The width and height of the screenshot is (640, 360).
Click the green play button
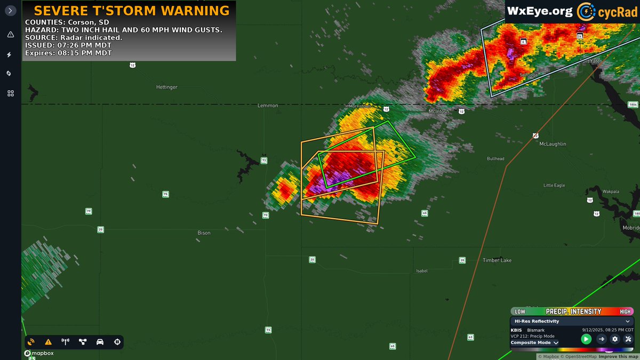click(x=586, y=339)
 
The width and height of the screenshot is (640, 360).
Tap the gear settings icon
click(x=615, y=339)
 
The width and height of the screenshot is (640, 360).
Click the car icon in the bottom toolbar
click(x=100, y=342)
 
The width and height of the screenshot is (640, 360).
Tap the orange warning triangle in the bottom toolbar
click(x=48, y=342)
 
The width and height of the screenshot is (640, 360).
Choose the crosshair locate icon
click(x=117, y=342)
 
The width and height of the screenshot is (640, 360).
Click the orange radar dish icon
click(x=31, y=342)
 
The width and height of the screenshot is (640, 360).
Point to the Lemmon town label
click(x=267, y=106)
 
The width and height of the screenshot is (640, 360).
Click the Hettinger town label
click(x=167, y=87)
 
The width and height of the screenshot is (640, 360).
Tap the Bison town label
click(x=204, y=233)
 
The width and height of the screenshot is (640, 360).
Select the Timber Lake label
click(x=497, y=260)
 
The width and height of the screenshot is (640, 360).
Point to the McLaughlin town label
click(x=553, y=144)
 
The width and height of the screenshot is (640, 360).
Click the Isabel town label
click(x=422, y=271)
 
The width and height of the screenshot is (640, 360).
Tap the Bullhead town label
click(x=495, y=159)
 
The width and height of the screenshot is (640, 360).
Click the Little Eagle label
click(x=554, y=185)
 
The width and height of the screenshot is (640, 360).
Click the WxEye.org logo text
click(x=540, y=11)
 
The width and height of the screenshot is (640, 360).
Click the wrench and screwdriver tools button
click(x=628, y=339)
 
